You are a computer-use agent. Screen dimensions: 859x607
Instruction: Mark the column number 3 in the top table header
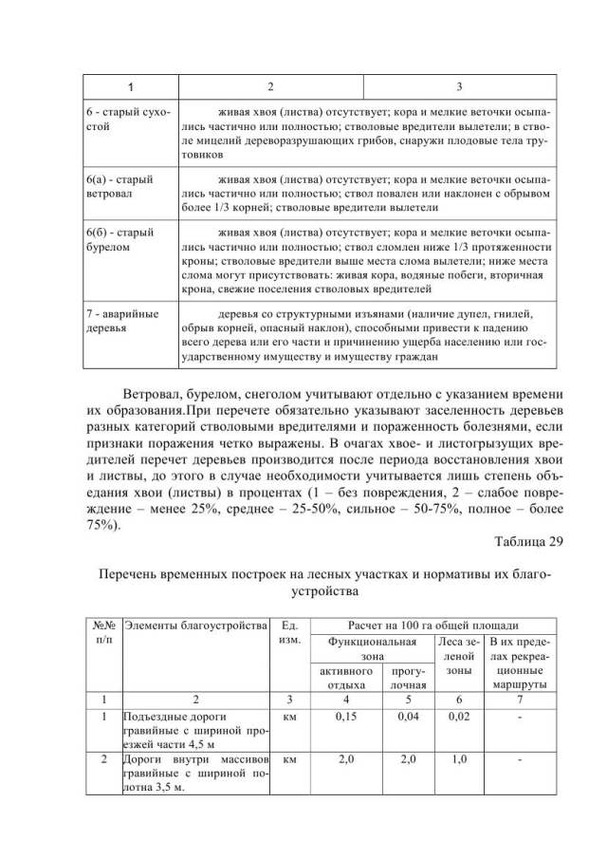click(x=459, y=87)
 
